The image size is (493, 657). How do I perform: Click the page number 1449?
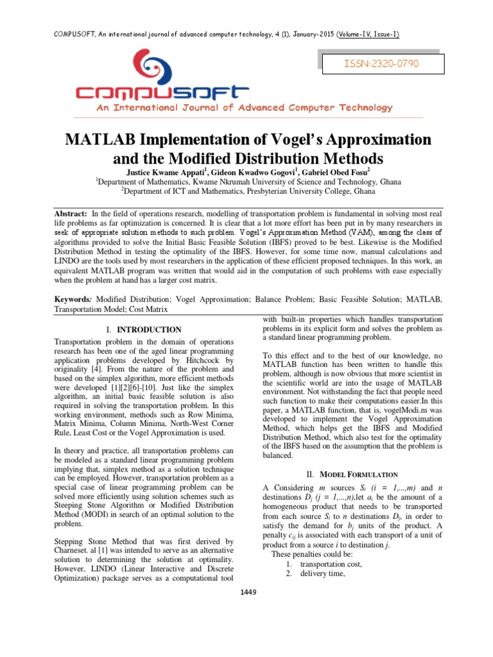point(246,592)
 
